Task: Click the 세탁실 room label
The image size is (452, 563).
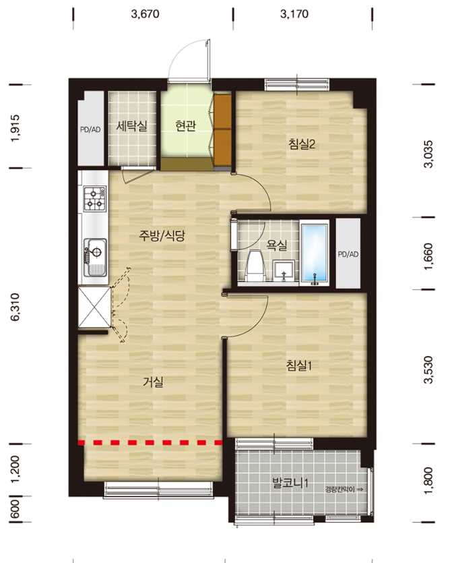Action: pos(132,126)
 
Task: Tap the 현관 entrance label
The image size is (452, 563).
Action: pos(186,125)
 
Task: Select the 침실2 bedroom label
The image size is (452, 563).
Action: pos(302,144)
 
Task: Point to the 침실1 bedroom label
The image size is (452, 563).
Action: pos(299,365)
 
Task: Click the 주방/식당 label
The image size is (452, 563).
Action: pos(162,236)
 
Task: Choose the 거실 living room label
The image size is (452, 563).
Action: pos(153,382)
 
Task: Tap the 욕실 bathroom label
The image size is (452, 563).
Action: pos(277,245)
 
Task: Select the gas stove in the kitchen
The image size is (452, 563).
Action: pos(95,198)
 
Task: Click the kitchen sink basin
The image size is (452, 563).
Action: pos(96,257)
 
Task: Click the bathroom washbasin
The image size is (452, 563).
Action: pos(284,271)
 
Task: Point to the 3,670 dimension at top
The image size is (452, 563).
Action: pos(146,14)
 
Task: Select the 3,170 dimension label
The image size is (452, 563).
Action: pos(294,14)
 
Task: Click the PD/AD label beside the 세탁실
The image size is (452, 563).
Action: pos(90,129)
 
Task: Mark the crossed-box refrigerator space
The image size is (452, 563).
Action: pos(94,307)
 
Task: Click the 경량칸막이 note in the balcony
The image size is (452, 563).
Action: pos(344,489)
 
